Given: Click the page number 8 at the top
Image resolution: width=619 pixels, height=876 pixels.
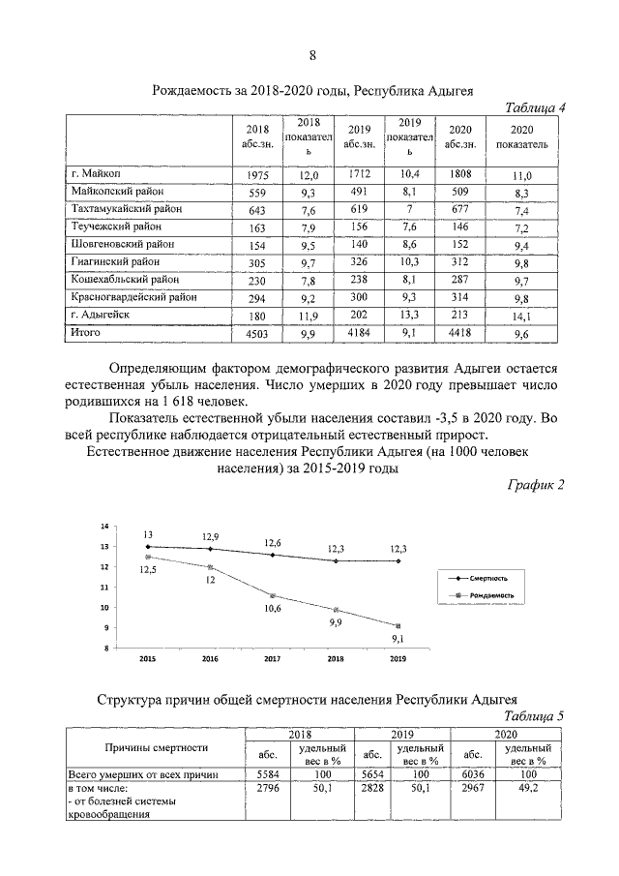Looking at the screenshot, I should [x=311, y=53].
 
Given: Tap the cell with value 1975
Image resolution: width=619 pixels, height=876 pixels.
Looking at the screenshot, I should [x=256, y=175].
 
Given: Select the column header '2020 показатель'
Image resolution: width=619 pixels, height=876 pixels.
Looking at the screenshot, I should [x=521, y=136].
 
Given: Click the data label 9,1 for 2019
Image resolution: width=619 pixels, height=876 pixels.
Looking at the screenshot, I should [x=397, y=640].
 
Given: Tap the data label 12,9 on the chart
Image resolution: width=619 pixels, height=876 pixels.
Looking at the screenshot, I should [x=210, y=535].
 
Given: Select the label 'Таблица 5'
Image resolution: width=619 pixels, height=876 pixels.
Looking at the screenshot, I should [x=535, y=716].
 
